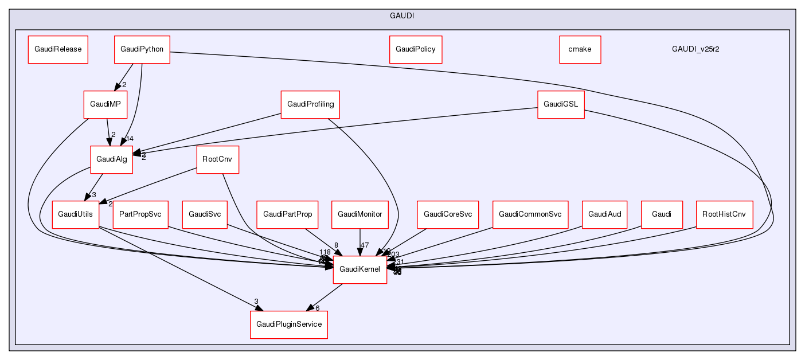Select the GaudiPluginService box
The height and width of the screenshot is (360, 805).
click(288, 324)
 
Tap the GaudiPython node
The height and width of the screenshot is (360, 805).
click(142, 49)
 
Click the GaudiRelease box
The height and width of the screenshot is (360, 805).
click(58, 49)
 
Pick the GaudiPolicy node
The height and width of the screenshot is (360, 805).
click(415, 49)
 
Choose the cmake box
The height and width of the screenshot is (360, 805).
click(580, 49)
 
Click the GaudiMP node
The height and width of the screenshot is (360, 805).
click(105, 104)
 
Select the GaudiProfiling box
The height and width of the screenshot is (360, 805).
click(310, 104)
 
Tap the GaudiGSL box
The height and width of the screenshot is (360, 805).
click(561, 104)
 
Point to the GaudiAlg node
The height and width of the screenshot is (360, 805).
click(111, 159)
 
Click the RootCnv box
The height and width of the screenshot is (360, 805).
click(217, 159)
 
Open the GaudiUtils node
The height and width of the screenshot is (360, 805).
click(76, 214)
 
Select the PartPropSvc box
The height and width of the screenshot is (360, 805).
click(140, 214)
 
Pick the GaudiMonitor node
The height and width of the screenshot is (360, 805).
click(359, 214)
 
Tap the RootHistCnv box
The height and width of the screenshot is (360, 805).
click(724, 214)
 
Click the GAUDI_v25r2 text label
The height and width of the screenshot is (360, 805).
click(695, 49)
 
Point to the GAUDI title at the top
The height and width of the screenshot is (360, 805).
click(402, 15)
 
